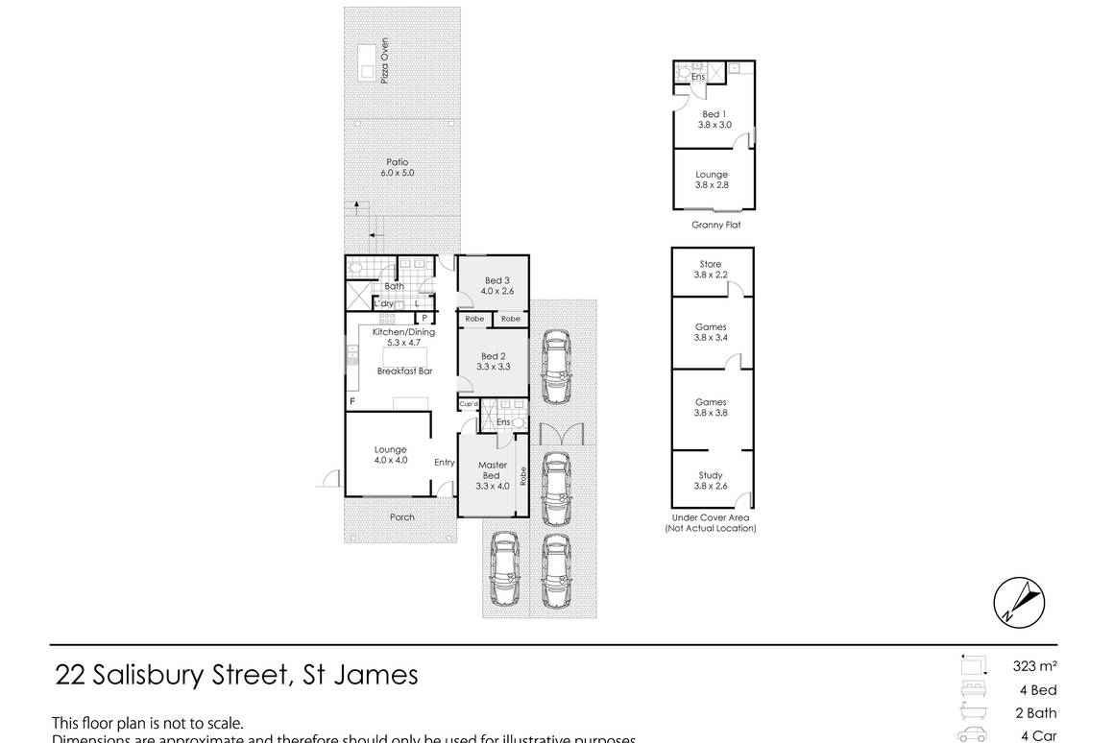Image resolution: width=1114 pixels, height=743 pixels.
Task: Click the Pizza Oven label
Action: [383, 66]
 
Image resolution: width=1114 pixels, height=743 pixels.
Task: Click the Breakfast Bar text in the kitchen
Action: [402, 371]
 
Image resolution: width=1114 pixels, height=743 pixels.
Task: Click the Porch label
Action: [402, 516]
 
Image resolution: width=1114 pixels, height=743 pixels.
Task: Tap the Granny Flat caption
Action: [715, 225]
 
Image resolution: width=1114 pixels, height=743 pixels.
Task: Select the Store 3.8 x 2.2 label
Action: [711, 269]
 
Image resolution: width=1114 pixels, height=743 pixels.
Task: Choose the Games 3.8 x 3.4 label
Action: [711, 332]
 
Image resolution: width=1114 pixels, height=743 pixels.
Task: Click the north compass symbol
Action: [1018, 603]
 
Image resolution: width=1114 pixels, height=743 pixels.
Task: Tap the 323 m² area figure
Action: [1034, 666]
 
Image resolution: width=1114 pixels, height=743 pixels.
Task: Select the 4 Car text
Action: [1038, 736]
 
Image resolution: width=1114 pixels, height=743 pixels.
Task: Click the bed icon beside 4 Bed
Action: [972, 689]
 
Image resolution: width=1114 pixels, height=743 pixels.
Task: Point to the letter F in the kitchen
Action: [352, 400]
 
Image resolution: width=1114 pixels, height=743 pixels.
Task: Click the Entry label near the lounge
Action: [444, 463]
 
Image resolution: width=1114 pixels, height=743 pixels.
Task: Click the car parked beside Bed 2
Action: [555, 367]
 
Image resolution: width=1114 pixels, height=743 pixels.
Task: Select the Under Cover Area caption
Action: [711, 522]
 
